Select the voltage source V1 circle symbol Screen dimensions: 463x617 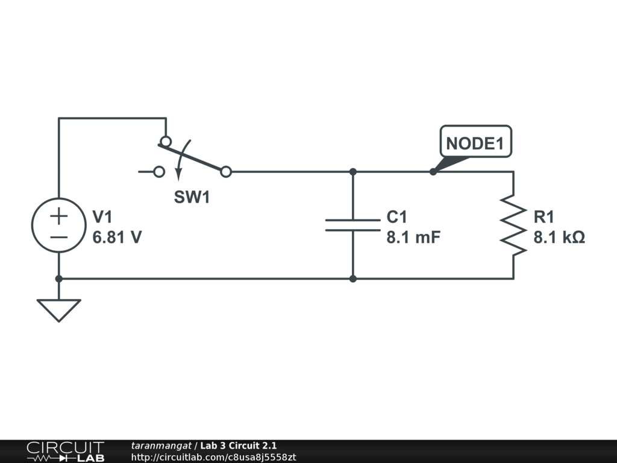(x=58, y=225)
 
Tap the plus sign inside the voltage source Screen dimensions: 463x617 (x=58, y=216)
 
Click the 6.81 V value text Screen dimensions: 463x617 (x=117, y=237)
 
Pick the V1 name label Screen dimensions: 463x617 (x=102, y=217)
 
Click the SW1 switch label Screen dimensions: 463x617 (x=192, y=197)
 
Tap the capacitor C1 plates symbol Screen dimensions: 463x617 (x=353, y=225)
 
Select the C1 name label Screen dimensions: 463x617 (x=397, y=217)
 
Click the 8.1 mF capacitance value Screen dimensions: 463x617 (x=413, y=237)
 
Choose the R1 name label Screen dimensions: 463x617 (x=543, y=217)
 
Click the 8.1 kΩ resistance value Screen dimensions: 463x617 (x=559, y=237)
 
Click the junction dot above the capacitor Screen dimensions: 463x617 (x=353, y=172)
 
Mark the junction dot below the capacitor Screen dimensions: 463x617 (x=353, y=279)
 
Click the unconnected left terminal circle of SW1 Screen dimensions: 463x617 (x=159, y=172)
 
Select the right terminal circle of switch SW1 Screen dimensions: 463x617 (x=226, y=172)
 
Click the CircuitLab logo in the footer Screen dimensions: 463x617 (x=64, y=452)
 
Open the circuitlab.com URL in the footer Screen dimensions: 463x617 (x=213, y=458)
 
